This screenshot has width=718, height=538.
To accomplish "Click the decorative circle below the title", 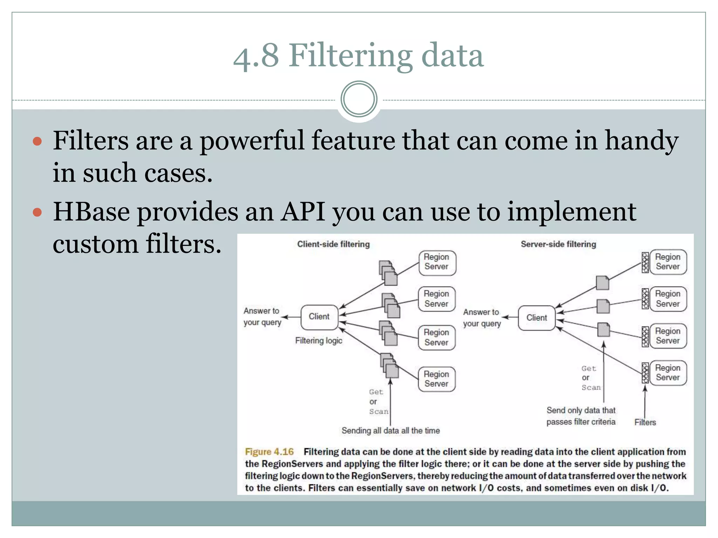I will click(359, 99).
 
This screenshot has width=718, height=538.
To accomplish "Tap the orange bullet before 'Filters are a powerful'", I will click(37, 142).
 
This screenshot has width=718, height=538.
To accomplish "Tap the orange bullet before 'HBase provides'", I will click(37, 212).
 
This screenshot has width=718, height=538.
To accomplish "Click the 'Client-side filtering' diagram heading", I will click(333, 244).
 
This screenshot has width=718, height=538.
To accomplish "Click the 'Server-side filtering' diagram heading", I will click(558, 244).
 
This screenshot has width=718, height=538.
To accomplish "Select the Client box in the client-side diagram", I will click(319, 317).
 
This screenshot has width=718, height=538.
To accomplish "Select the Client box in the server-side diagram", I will click(536, 318).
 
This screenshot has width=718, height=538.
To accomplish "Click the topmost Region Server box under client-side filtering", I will click(437, 262).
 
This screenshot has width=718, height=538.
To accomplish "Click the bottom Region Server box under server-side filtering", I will click(668, 373).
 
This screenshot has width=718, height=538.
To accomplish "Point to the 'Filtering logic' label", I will click(318, 340).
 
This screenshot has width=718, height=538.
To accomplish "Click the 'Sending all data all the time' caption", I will click(391, 430).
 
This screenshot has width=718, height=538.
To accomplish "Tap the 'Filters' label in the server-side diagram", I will click(645, 422).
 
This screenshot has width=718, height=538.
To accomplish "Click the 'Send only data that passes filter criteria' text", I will click(581, 416).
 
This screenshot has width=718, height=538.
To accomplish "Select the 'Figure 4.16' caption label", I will click(269, 452).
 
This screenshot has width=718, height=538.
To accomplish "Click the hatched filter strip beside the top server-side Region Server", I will click(645, 262).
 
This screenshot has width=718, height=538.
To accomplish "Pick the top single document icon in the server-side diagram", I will click(602, 283).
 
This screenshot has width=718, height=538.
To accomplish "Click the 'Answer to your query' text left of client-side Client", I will click(262, 316).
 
